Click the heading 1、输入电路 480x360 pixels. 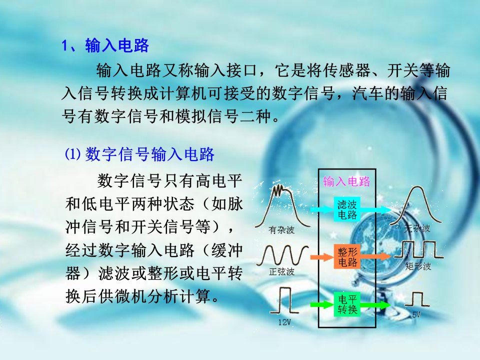tap(105, 46)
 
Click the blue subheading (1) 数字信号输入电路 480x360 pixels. tap(139, 154)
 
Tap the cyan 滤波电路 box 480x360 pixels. tap(347, 209)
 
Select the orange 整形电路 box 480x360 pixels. tap(347, 256)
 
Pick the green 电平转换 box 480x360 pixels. tap(347, 304)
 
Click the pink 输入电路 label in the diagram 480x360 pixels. tap(346, 181)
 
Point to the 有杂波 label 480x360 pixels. tap(281, 230)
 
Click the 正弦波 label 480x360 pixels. tap(281, 271)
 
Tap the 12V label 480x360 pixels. tap(284, 322)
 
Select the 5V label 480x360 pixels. tap(416, 314)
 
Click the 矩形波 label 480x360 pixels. tap(418, 266)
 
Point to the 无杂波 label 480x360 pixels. tap(417, 228)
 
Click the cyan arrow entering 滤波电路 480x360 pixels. tap(322, 209)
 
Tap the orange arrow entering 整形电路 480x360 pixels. tap(322, 257)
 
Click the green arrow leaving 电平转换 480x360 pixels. tap(375, 304)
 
